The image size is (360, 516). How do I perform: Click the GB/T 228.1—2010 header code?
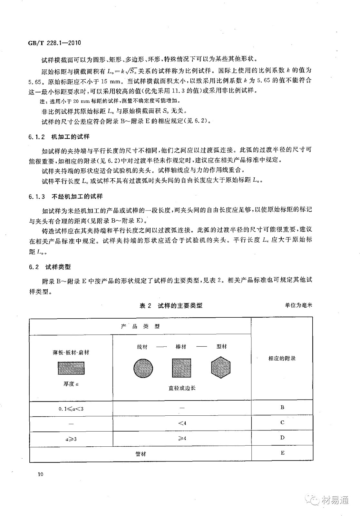54,43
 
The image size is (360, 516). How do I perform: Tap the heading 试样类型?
58,267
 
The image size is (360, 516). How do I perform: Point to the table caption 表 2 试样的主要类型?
171,305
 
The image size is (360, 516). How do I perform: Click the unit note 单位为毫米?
298,305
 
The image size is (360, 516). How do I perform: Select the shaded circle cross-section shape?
143,368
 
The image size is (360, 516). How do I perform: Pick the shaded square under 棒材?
182,368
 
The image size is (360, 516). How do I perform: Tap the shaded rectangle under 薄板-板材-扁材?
71,368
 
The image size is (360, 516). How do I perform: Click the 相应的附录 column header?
282,358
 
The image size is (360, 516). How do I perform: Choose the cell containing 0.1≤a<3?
71,409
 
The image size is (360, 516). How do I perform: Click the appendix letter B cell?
282,407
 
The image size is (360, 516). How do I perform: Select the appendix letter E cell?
282,453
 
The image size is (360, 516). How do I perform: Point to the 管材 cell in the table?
141,454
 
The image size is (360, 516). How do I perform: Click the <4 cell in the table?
182,423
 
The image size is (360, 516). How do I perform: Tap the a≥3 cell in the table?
71,439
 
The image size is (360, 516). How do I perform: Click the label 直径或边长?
182,388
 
